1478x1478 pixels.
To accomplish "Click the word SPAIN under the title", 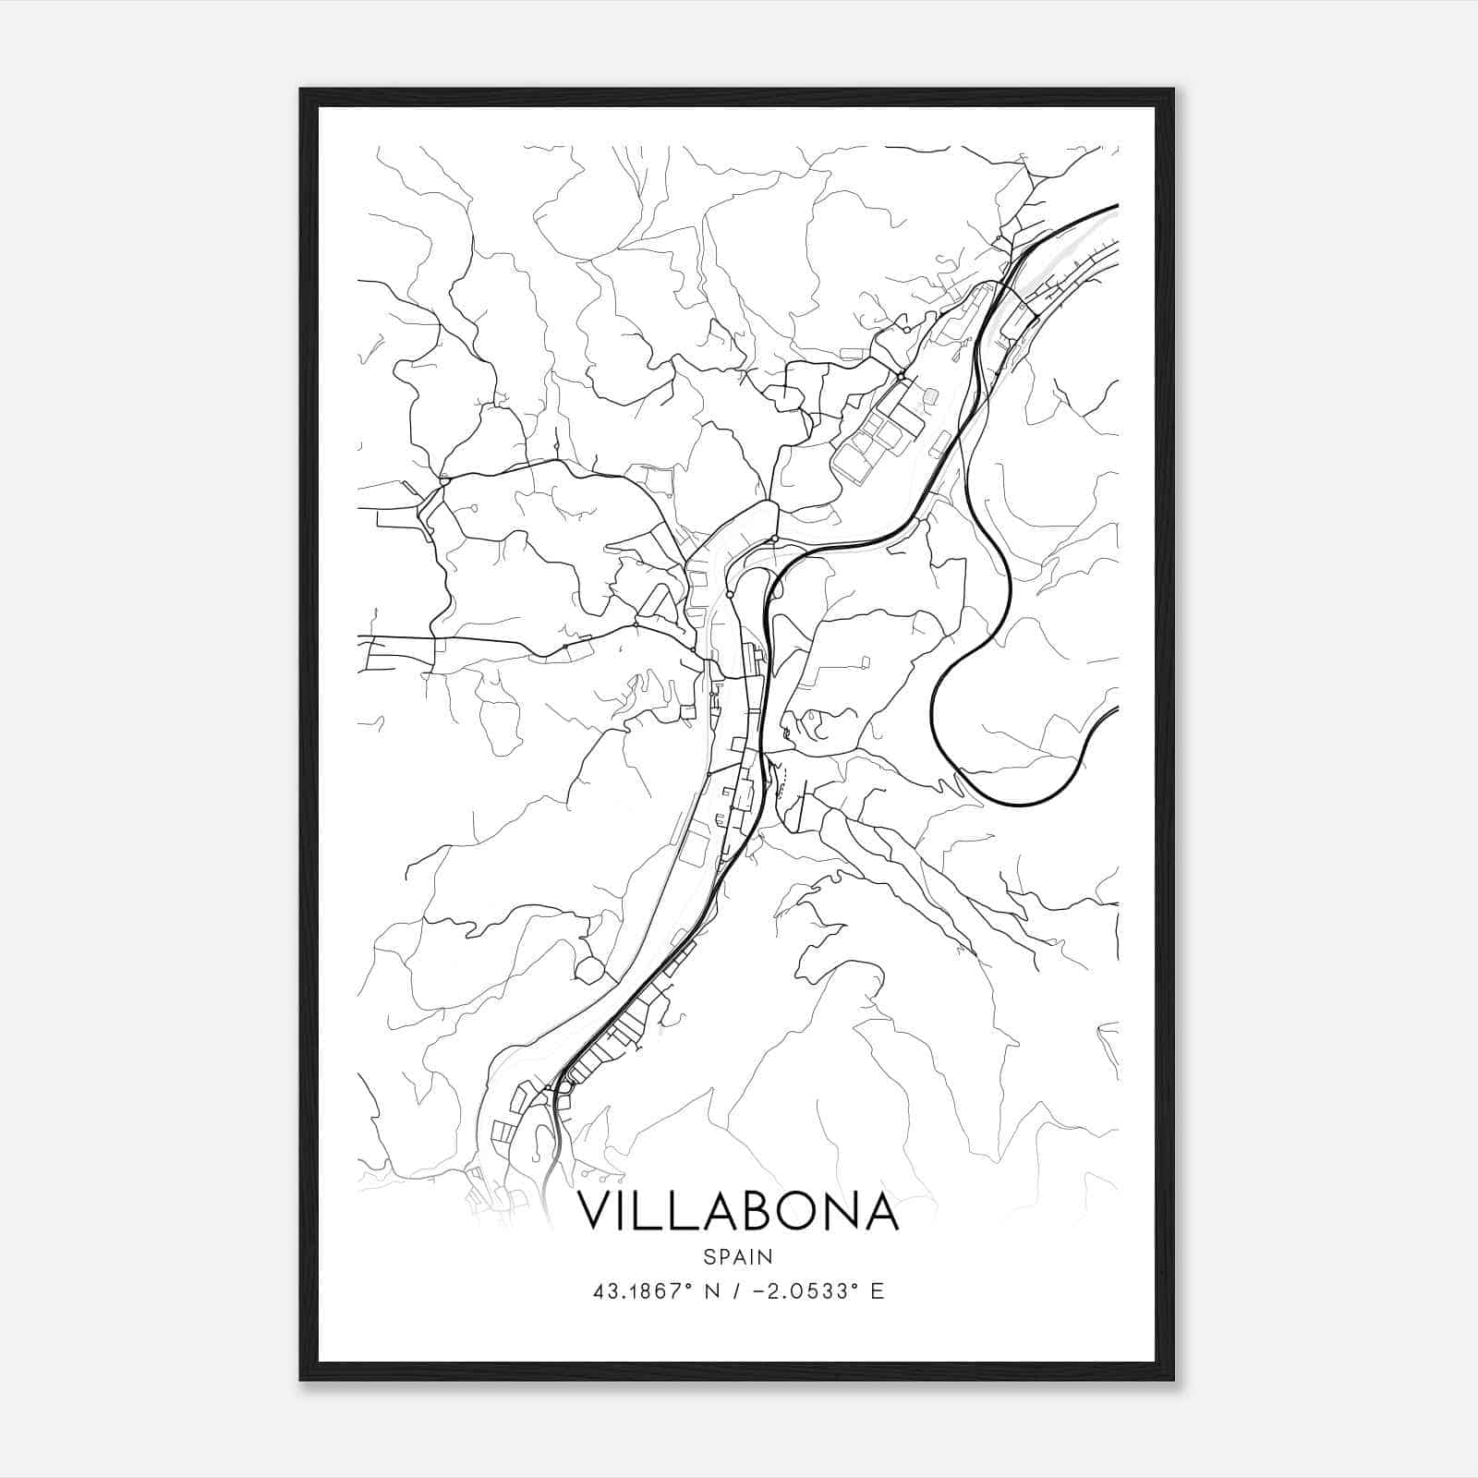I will pyautogui.click(x=737, y=1256).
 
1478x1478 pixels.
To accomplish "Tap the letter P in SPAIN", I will pyautogui.click(x=722, y=1256).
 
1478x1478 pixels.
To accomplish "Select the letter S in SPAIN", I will pyautogui.click(x=708, y=1256).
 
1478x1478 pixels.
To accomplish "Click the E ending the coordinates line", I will pyautogui.click(x=877, y=1291).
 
